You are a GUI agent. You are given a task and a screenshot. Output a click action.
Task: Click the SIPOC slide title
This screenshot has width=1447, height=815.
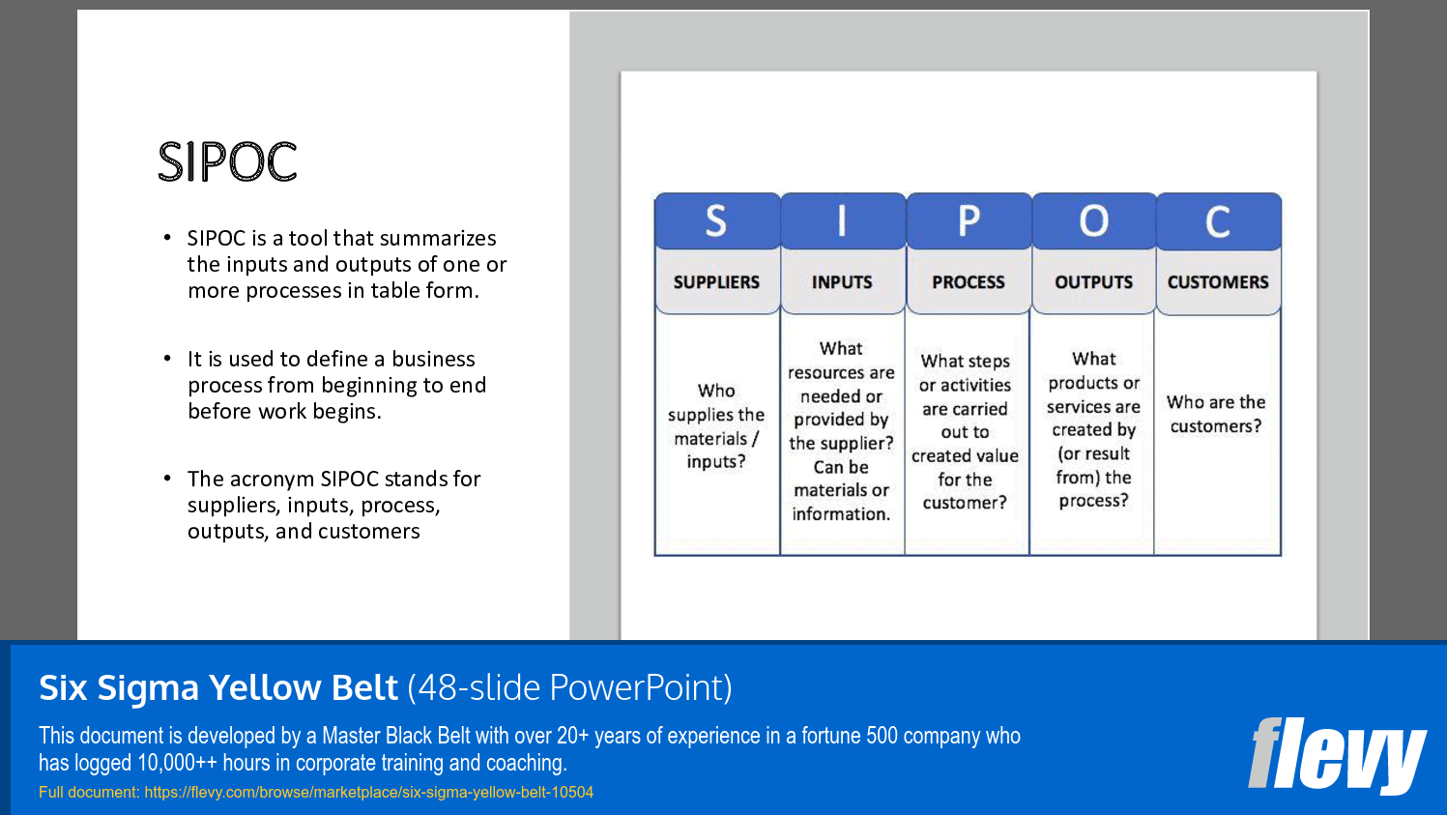pyautogui.click(x=227, y=161)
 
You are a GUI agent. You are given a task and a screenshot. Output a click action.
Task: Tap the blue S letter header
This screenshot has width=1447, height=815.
pyautogui.click(x=716, y=221)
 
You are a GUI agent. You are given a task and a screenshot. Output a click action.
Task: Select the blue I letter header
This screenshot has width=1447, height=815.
pyautogui.click(x=842, y=221)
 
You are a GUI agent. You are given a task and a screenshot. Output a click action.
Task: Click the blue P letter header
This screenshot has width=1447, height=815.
pyautogui.click(x=969, y=221)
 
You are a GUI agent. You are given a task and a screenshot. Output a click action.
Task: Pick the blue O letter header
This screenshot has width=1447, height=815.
pyautogui.click(x=1093, y=221)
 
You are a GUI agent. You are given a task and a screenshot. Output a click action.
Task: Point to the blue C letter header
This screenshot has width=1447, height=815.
pyautogui.click(x=1218, y=221)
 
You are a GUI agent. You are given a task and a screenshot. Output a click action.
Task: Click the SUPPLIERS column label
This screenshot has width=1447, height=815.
pyautogui.click(x=716, y=282)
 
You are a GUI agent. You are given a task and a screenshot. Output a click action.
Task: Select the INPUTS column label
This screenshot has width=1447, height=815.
pyautogui.click(x=842, y=282)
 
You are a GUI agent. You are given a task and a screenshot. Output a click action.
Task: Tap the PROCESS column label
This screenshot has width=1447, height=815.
pyautogui.click(x=969, y=282)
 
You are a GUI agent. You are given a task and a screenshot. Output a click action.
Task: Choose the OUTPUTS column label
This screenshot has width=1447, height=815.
pyautogui.click(x=1093, y=282)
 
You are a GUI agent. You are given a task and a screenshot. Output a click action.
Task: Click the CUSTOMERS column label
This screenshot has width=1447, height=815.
pyautogui.click(x=1218, y=282)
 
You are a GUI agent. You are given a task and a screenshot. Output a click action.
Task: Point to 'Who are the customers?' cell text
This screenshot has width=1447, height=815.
pyautogui.click(x=1216, y=414)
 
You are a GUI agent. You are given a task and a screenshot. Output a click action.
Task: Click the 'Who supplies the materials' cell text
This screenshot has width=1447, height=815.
pyautogui.click(x=716, y=426)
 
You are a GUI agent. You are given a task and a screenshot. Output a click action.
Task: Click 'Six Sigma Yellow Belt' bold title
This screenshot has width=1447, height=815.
pyautogui.click(x=218, y=687)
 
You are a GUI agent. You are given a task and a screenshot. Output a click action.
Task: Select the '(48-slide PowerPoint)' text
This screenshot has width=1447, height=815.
pyautogui.click(x=569, y=687)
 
